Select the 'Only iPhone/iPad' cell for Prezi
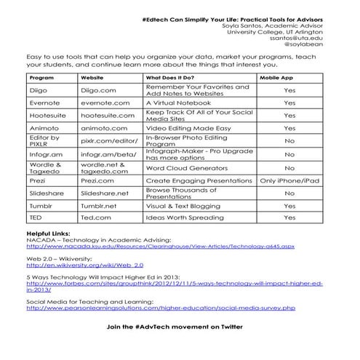point(289,180)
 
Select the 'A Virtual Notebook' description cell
point(177,103)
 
